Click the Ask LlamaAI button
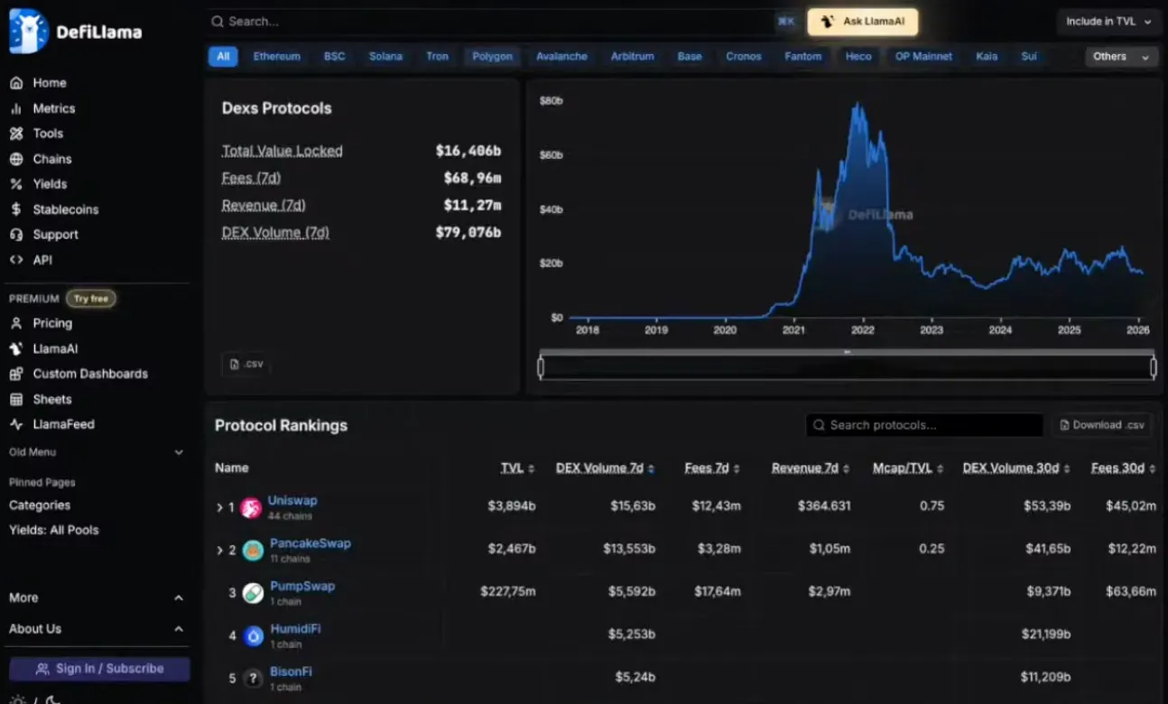862,22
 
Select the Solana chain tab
385,56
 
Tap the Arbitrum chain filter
632,56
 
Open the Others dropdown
1121,56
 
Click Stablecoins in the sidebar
66,209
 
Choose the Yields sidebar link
50,184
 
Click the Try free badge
91,299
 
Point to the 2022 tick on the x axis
862,329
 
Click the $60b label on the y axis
552,155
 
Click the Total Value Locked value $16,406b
468,151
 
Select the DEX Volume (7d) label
275,233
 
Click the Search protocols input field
924,425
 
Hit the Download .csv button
1103,425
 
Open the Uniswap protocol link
292,501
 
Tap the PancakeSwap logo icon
253,551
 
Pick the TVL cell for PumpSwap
508,591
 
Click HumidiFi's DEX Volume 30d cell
1045,635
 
